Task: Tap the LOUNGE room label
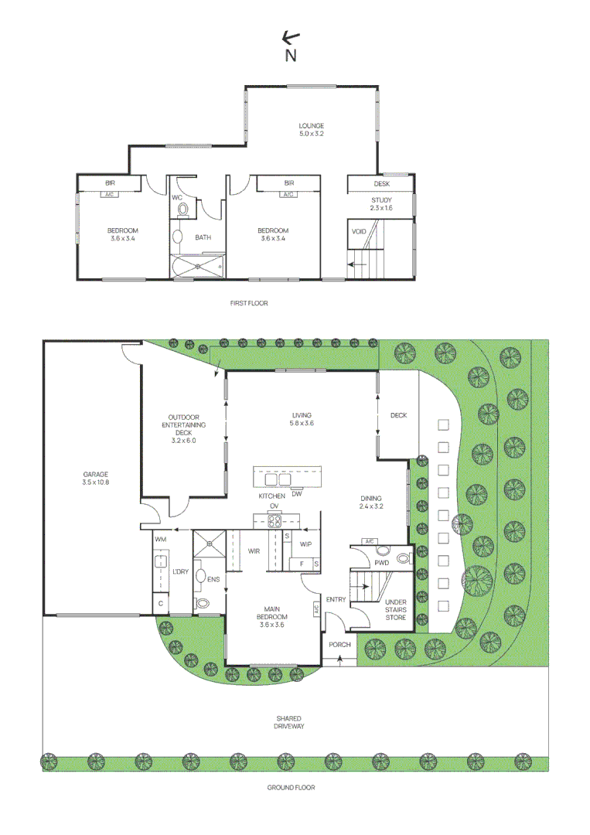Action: point(312,125)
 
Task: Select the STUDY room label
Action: point(381,200)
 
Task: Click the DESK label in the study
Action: point(382,184)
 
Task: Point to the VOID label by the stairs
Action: point(359,231)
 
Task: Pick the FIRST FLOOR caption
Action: point(249,303)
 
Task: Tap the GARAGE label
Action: point(96,474)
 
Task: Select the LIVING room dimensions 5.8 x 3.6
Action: point(302,423)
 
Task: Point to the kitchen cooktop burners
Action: point(274,521)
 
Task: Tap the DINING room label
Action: point(371,499)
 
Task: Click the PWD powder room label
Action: point(381,563)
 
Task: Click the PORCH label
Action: point(339,644)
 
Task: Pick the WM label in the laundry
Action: point(161,539)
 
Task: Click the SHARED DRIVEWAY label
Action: point(289,722)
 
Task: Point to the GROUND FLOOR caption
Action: point(291,787)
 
